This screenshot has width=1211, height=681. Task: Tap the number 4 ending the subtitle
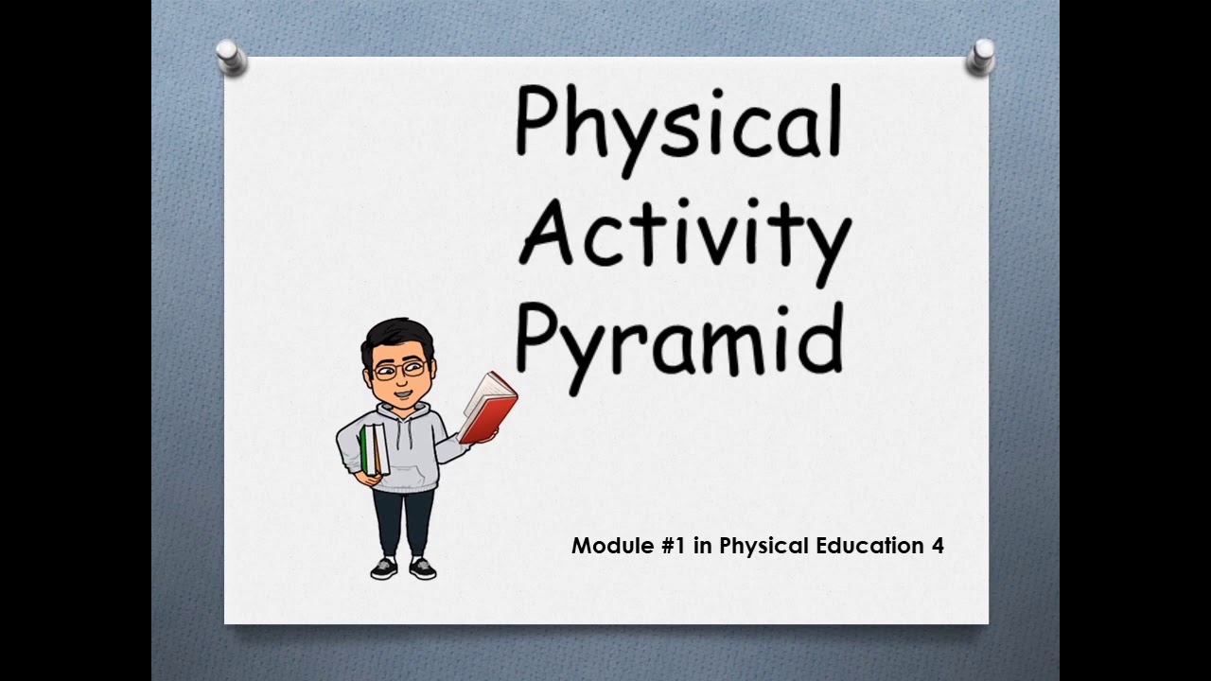point(937,546)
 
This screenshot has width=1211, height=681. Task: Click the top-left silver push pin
point(231,57)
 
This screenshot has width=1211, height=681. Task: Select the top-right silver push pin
point(981,57)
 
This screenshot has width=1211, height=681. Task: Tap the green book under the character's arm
point(366,450)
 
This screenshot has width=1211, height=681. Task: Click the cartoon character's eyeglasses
point(397,370)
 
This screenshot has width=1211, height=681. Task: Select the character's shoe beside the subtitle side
point(423,567)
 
